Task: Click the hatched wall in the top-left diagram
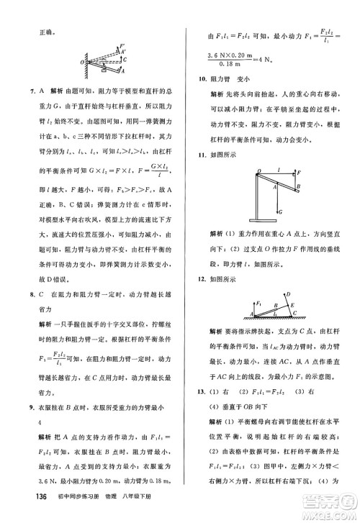point(89,60)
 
